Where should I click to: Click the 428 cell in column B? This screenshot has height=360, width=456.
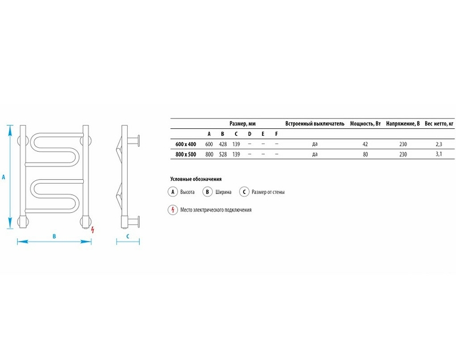223,144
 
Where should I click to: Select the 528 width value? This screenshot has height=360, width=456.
223,154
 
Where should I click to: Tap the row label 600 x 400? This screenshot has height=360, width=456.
186,144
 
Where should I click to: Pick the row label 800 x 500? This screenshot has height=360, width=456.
186,154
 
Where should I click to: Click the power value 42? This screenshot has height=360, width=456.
365,144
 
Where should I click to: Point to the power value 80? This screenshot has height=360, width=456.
365,154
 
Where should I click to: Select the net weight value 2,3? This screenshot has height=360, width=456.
439,144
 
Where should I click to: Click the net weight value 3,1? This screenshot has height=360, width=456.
439,154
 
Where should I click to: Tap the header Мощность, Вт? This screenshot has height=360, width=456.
365,124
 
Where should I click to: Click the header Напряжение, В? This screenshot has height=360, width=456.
403,124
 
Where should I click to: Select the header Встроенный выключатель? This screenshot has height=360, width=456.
315,124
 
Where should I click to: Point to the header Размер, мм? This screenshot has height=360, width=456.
243,124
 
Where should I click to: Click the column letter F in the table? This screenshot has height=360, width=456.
276,134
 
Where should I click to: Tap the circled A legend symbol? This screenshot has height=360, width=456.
173,192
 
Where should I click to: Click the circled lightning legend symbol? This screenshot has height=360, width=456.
173,210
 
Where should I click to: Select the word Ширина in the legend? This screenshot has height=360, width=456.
223,192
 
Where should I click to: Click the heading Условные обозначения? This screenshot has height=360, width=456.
196,179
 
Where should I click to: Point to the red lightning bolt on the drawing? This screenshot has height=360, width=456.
93,230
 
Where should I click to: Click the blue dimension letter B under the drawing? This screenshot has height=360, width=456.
54,236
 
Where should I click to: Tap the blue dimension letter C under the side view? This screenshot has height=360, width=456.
128,236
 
